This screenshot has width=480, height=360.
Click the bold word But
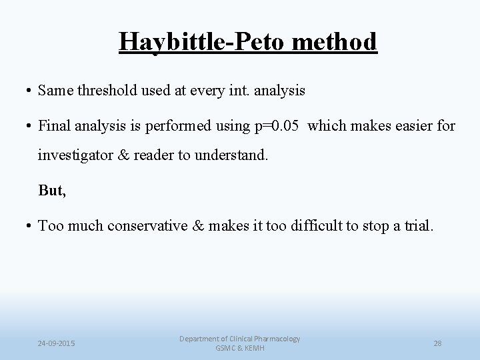(52, 191)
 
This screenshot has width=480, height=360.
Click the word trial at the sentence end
(417, 226)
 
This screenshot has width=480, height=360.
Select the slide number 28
(437, 343)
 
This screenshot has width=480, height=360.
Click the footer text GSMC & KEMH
(239, 349)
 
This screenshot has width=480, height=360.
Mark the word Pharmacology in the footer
(273, 339)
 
